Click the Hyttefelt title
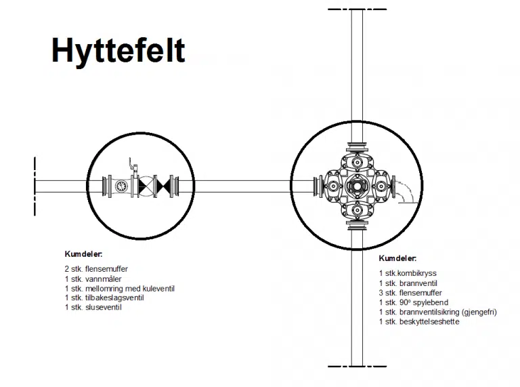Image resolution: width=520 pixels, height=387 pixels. click(x=118, y=50)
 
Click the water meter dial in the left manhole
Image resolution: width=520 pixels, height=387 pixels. click(x=121, y=186)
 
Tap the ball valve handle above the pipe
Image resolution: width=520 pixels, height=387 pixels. click(x=132, y=165)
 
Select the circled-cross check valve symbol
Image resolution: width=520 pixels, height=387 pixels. click(x=146, y=186)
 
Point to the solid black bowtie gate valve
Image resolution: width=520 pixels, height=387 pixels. click(x=162, y=186)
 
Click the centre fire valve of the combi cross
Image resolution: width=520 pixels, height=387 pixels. click(x=357, y=186)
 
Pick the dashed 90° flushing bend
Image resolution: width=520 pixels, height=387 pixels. click(x=404, y=191)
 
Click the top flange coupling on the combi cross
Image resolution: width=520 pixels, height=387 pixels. click(x=357, y=146)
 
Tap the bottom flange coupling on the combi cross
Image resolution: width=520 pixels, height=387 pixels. click(x=357, y=226)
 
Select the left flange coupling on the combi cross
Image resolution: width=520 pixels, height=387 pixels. click(x=318, y=186)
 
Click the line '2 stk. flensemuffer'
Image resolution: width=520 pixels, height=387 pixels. click(x=96, y=269)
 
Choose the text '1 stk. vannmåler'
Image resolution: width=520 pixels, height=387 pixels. click(x=93, y=279)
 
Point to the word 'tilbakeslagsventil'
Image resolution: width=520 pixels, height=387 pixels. click(x=114, y=298)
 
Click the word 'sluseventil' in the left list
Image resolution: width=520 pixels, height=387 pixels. click(x=104, y=307)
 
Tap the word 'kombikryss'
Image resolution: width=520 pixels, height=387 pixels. click(x=417, y=273)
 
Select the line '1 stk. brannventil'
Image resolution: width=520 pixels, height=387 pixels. click(x=408, y=283)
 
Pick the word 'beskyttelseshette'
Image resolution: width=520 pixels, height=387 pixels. click(x=429, y=322)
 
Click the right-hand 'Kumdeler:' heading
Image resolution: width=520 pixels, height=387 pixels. click(x=397, y=258)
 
